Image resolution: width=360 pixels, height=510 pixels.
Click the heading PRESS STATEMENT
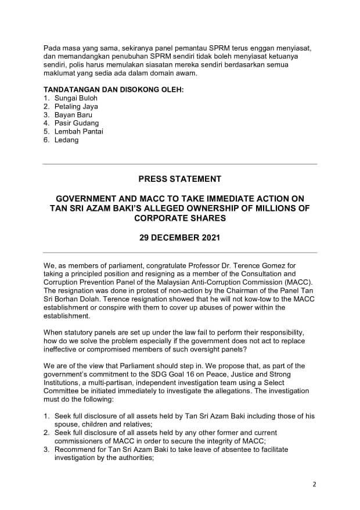coord(180,178)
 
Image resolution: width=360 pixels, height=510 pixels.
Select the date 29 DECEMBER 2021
coord(180,238)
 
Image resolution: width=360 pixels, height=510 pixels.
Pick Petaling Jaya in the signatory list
coord(76,106)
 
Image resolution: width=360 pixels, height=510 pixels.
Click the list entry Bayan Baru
coord(73,115)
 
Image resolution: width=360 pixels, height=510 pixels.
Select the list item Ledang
coord(66,140)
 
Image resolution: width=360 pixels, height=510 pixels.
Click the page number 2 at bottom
coord(314,484)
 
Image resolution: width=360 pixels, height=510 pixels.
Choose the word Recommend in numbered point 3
coord(74,449)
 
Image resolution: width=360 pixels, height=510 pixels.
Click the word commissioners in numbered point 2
coord(78,441)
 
